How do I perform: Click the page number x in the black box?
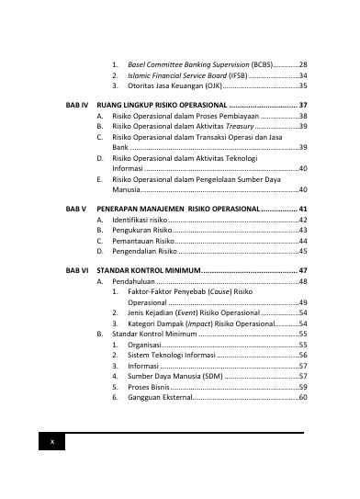pos(52,443)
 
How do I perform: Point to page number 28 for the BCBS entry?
pos(303,63)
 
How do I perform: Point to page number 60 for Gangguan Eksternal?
pos(303,398)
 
